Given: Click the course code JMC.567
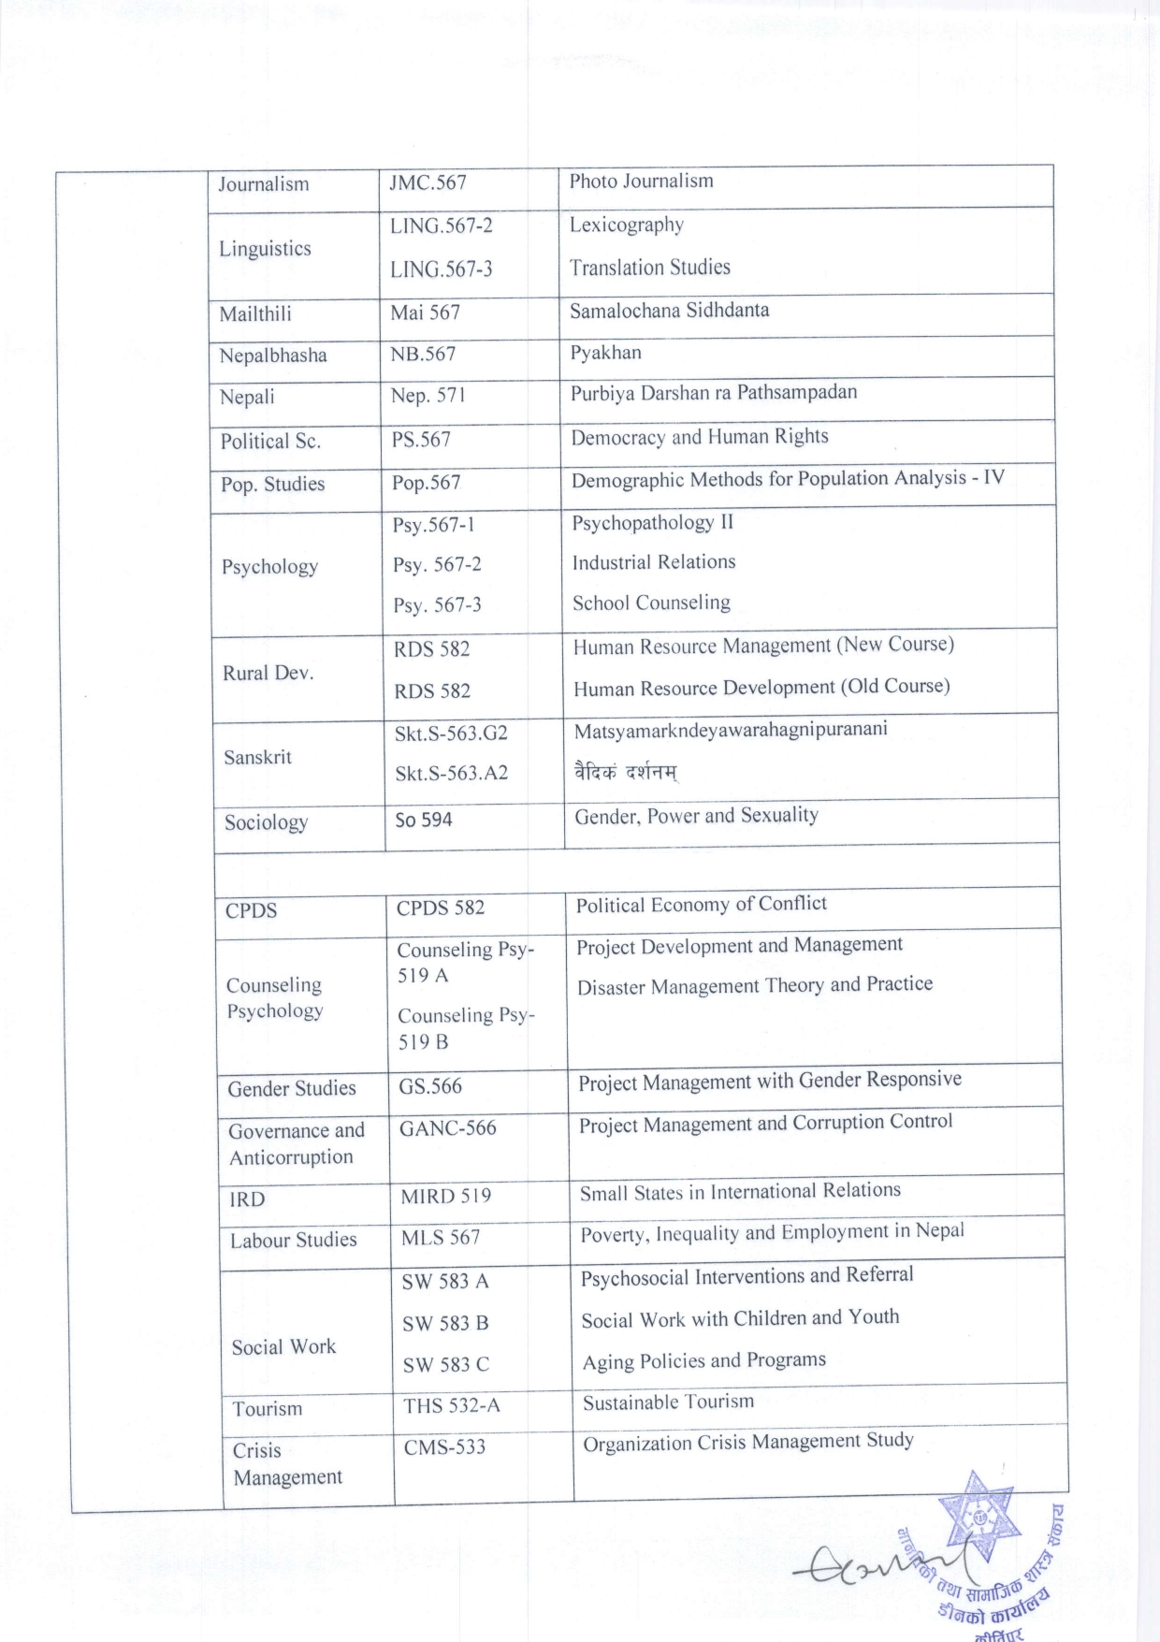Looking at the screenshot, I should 428,182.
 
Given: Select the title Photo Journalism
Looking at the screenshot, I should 641,181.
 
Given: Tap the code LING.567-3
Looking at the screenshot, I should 441,269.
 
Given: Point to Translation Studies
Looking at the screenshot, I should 649,268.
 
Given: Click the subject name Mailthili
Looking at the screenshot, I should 255,313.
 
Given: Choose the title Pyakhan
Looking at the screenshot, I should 605,353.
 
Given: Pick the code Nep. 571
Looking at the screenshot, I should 428,396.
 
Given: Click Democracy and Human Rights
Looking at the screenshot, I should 699,437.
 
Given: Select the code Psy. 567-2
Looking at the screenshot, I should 437,564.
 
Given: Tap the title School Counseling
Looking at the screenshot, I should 651,603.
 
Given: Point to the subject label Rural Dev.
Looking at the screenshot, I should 268,673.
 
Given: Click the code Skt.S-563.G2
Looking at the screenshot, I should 451,733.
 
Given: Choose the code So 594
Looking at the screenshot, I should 423,820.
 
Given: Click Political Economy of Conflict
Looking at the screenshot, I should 701,904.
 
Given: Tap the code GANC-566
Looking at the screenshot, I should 447,1128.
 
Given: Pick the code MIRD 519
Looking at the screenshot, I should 445,1196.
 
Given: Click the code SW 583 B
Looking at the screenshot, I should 445,1323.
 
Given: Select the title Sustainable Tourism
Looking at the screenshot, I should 668,1402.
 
